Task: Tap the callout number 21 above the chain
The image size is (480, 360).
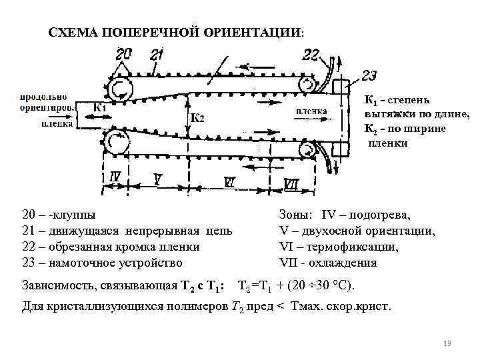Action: (157, 55)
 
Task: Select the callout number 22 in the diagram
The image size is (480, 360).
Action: (311, 54)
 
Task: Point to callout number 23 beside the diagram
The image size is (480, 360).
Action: (369, 76)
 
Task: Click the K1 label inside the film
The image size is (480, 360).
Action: (100, 107)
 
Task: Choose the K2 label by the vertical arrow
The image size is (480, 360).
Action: (197, 118)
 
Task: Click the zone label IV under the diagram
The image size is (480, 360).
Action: (115, 177)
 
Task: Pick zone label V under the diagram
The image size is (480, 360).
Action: (157, 179)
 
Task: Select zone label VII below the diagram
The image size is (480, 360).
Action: (291, 183)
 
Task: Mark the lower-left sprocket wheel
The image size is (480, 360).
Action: (119, 142)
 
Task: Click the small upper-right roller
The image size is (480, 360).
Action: (309, 83)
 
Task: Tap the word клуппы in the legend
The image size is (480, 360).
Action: (73, 215)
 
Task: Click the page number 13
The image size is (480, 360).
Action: (447, 343)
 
